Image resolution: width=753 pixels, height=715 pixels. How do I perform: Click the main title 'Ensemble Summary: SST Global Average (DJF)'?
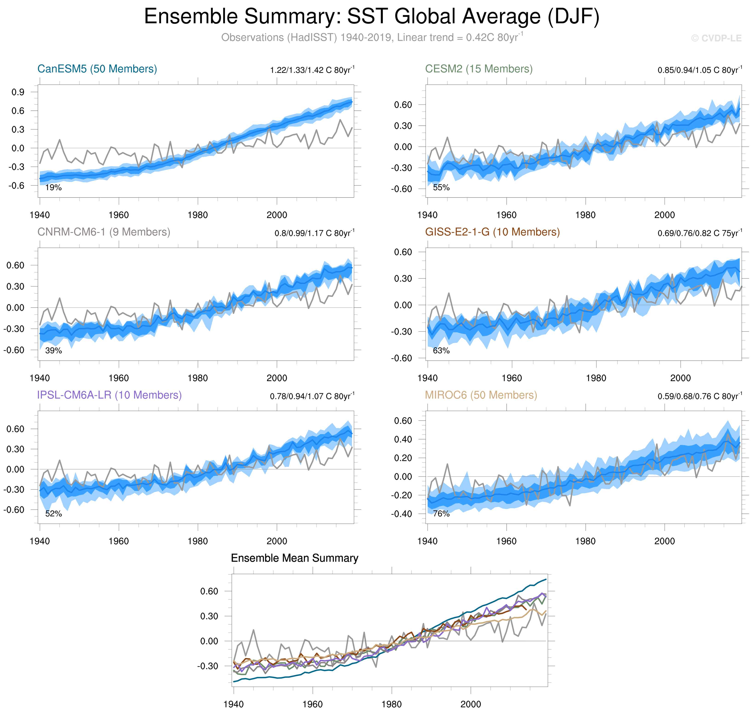372,17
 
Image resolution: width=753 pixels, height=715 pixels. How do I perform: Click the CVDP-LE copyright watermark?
716,39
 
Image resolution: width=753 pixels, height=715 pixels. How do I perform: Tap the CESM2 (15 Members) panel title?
478,69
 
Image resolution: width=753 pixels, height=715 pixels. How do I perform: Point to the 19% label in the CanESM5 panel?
53,187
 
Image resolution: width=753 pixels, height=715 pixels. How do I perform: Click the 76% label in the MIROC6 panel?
441,514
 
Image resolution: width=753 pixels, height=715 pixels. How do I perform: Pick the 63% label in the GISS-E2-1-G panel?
441,351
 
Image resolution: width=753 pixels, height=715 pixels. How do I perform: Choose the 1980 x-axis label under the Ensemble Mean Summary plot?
392,704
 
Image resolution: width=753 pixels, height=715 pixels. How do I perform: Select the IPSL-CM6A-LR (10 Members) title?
109,395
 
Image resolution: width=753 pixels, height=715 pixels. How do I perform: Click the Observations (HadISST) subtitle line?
372,38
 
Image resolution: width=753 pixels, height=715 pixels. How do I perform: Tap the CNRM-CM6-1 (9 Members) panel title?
104,232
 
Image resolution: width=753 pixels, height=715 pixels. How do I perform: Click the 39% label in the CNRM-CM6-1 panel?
53,351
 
